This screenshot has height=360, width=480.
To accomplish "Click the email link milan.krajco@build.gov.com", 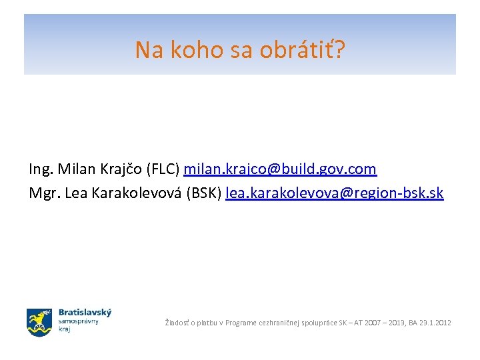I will [280, 169].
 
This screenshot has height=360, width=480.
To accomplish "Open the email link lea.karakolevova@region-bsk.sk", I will [334, 193].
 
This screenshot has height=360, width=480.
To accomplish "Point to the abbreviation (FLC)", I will [159, 169].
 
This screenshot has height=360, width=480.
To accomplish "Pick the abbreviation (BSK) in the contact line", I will [203, 193].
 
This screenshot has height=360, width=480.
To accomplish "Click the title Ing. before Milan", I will [41, 169].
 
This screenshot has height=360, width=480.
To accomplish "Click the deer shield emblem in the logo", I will [39, 322].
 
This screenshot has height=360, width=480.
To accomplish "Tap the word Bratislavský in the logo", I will [85, 312].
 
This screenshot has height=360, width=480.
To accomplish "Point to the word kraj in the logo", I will [65, 329].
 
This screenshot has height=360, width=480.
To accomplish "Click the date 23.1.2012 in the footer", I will [434, 323].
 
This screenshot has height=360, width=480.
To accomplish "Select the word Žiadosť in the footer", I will [178, 323].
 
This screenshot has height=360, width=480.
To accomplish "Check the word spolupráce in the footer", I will [317, 323].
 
